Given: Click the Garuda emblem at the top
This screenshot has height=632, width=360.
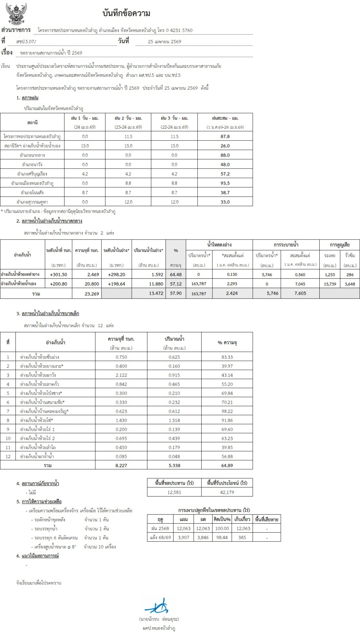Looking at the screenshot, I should [16, 14].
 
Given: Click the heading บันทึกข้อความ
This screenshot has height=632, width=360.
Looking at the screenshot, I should [126, 13].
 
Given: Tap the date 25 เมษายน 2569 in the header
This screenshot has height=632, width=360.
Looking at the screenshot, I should [165, 41].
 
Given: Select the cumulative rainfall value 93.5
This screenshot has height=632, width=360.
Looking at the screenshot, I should [225, 183].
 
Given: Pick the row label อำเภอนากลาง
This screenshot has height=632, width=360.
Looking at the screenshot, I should [32, 155].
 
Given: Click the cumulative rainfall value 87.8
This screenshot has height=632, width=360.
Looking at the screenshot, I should [225, 136].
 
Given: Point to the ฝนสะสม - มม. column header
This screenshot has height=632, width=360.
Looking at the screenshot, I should [225, 118].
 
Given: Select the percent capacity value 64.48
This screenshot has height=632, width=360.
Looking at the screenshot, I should [176, 274].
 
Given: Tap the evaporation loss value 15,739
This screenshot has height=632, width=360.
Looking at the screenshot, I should [330, 284].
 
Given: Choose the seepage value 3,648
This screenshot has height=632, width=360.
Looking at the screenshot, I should [350, 284].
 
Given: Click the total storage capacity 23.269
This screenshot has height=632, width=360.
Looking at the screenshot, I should [92, 293].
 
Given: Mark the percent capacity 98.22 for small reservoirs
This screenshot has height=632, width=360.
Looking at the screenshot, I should [227, 411].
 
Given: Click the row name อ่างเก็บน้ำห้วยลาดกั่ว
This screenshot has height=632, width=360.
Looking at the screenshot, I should [40, 384].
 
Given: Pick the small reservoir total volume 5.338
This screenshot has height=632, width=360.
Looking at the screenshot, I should [174, 466].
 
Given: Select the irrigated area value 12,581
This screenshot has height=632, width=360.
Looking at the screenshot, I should [174, 492].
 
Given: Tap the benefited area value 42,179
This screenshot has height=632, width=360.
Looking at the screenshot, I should [227, 492].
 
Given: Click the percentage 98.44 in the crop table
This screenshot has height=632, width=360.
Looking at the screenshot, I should [222, 537].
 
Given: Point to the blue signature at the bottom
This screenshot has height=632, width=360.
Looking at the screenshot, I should [157, 607].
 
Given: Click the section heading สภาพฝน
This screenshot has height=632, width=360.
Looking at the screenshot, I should [30, 98].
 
